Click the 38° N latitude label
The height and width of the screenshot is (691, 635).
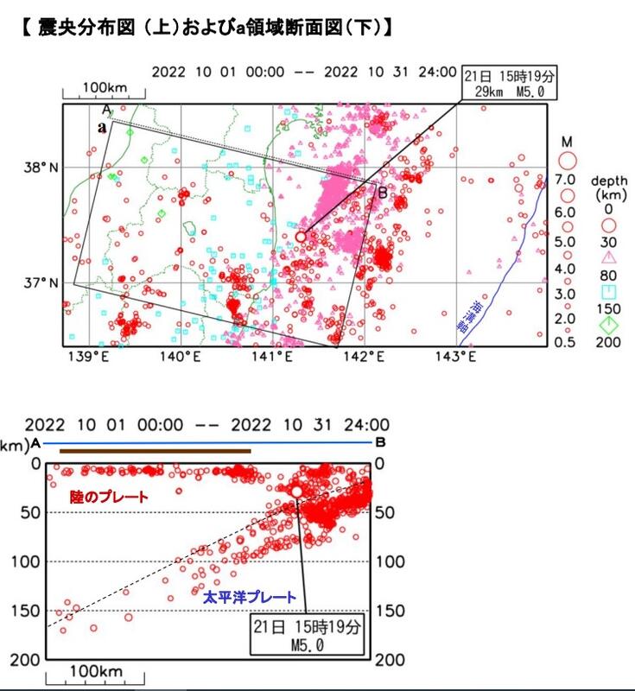pyautogui.click(x=41, y=166)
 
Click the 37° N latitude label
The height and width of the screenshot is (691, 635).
pyautogui.click(x=41, y=282)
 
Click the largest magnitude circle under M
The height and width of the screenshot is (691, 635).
pyautogui.click(x=568, y=159)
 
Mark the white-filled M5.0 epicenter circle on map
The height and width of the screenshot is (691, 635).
pyautogui.click(x=301, y=236)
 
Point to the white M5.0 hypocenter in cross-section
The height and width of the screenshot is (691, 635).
pyautogui.click(x=296, y=491)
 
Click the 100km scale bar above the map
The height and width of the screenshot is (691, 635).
pyautogui.click(x=108, y=89)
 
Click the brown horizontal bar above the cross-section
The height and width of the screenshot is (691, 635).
pyautogui.click(x=155, y=450)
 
